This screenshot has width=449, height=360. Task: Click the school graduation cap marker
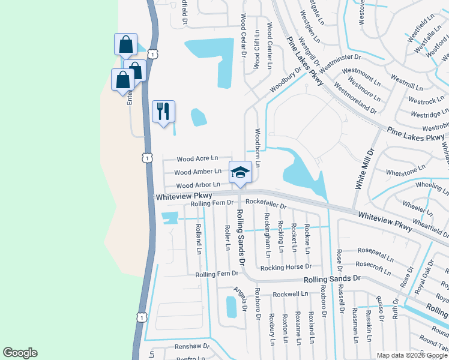[x=240, y=172]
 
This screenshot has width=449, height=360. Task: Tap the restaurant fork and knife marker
[x=163, y=111]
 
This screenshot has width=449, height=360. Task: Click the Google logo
[x=20, y=353]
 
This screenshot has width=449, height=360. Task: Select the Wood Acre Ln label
[x=197, y=158]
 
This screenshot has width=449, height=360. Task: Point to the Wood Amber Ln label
[x=199, y=172]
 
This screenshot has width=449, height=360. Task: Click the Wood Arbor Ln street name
[x=198, y=186]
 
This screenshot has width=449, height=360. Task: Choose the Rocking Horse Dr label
[x=285, y=266]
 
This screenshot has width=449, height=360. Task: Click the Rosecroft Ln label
[x=374, y=263]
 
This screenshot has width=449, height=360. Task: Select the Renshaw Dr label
[x=191, y=347]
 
